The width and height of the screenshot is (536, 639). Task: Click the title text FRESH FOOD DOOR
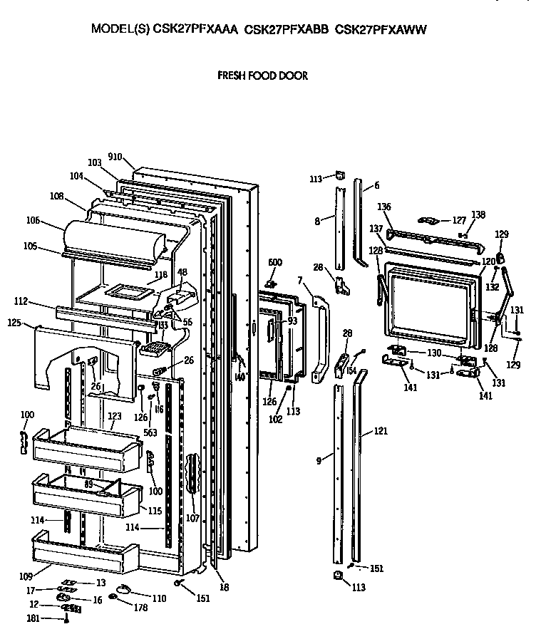[x=262, y=76]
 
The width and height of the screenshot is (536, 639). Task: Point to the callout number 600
[x=274, y=262]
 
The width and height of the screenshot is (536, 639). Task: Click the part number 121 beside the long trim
[x=381, y=432]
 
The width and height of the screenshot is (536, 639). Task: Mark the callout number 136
[x=384, y=207]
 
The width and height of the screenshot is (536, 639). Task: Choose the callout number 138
[x=478, y=214]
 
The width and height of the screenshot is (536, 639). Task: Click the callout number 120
[x=488, y=261]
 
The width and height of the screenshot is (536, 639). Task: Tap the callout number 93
[x=292, y=321]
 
